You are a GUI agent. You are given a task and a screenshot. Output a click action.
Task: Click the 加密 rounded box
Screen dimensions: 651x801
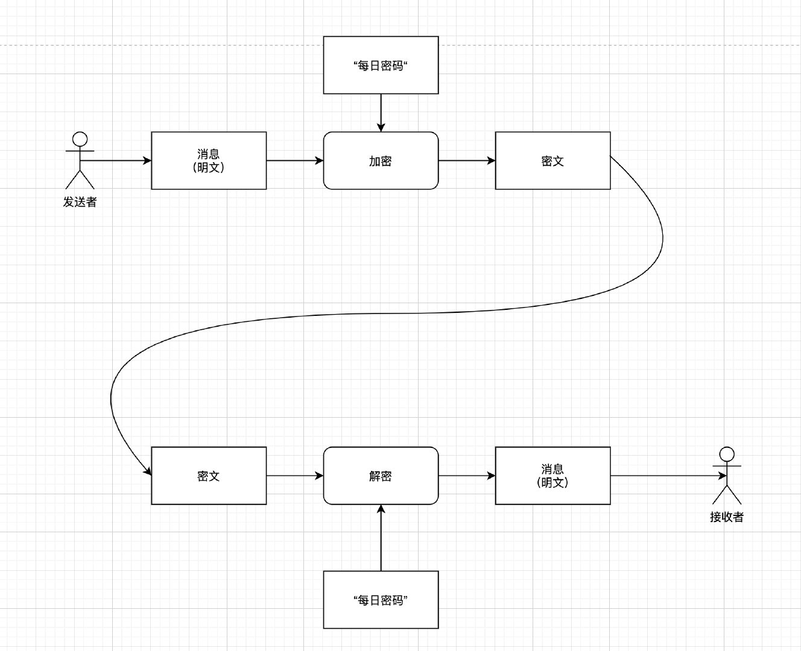point(381,160)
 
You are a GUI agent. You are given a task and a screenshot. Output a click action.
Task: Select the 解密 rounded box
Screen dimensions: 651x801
point(381,476)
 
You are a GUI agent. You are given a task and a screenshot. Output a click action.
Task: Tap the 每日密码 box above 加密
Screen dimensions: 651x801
point(381,65)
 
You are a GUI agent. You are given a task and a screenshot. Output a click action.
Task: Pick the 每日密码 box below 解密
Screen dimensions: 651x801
point(381,600)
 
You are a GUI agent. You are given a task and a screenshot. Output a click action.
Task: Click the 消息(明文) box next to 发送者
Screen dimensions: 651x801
point(209,160)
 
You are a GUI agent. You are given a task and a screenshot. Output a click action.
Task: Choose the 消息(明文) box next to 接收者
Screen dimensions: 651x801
point(552,476)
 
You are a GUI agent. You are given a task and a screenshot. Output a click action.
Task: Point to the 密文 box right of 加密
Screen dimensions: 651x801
point(552,160)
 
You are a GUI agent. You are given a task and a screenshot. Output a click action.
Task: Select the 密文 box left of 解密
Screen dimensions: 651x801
point(209,476)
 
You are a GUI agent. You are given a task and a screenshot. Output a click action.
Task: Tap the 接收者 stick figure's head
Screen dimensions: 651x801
point(727,454)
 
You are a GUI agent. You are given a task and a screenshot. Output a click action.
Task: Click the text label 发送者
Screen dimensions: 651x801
point(80,203)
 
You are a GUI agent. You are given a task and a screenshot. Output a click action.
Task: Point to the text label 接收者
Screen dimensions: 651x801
point(727,517)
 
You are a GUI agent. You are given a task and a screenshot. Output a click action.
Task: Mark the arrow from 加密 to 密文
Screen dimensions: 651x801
point(467,160)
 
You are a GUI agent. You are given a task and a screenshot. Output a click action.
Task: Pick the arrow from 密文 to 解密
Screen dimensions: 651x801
point(295,476)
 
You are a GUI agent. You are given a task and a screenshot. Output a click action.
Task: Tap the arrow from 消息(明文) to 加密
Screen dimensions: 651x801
point(295,160)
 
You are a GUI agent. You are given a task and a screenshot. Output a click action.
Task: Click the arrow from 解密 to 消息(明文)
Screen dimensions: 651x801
point(467,476)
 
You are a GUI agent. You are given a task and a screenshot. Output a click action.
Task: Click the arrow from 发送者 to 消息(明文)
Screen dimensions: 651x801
point(118,160)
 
